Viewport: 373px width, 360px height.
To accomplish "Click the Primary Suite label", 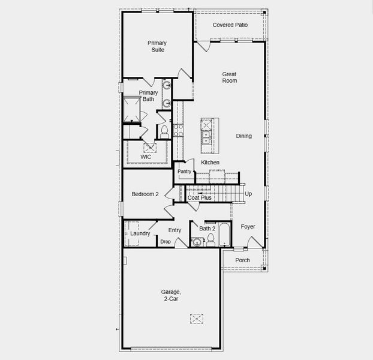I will [157, 46].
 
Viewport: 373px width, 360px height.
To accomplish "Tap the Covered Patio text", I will [230, 25].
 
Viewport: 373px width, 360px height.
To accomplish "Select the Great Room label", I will [229, 77].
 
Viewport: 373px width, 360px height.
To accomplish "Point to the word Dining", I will [243, 136].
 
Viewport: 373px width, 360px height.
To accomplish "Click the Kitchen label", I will [210, 163].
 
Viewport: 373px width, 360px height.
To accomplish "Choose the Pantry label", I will [184, 172].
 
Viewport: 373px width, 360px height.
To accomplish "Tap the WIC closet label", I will [146, 157].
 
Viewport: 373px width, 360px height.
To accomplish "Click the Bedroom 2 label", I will [145, 194].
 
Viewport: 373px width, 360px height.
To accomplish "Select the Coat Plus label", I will [200, 197].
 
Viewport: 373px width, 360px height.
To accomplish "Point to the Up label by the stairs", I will [248, 194].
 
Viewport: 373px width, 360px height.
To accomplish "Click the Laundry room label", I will [140, 233].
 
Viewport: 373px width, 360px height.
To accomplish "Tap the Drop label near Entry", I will [166, 242].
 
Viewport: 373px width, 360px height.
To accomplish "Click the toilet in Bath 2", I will [210, 240].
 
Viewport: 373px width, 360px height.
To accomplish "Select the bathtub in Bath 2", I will [224, 235].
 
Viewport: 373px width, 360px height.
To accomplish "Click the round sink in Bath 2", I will [197, 242].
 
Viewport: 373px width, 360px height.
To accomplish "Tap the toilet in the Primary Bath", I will [164, 131].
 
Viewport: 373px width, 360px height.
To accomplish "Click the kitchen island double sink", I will [206, 136].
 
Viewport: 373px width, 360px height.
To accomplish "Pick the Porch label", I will [242, 260].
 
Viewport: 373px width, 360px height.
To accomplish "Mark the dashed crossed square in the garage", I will [197, 319].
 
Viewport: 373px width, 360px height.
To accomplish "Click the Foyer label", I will [248, 227].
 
